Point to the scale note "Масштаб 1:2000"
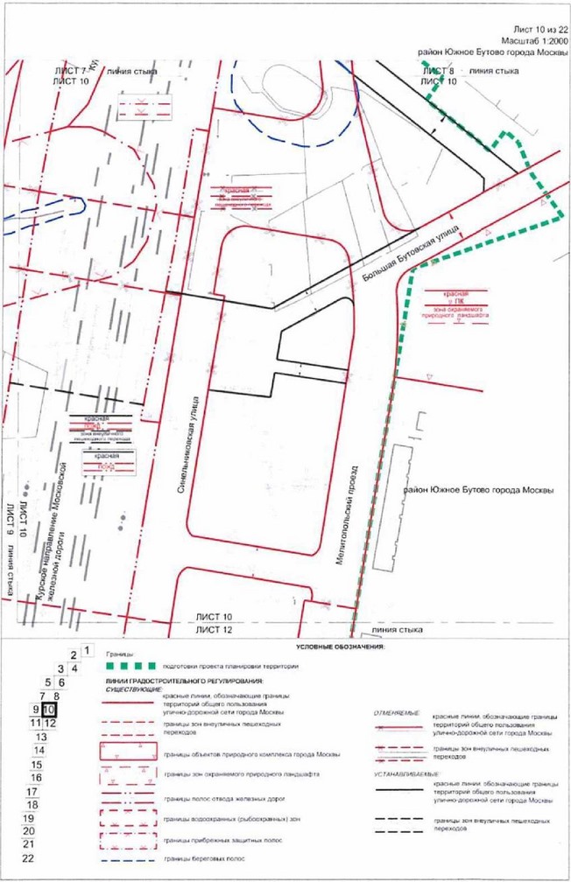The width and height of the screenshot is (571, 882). [x=531, y=40]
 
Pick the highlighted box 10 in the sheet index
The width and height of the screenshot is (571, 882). [x=49, y=709]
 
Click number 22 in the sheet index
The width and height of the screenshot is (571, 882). [x=28, y=858]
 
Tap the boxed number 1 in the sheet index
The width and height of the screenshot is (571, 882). [x=87, y=650]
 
